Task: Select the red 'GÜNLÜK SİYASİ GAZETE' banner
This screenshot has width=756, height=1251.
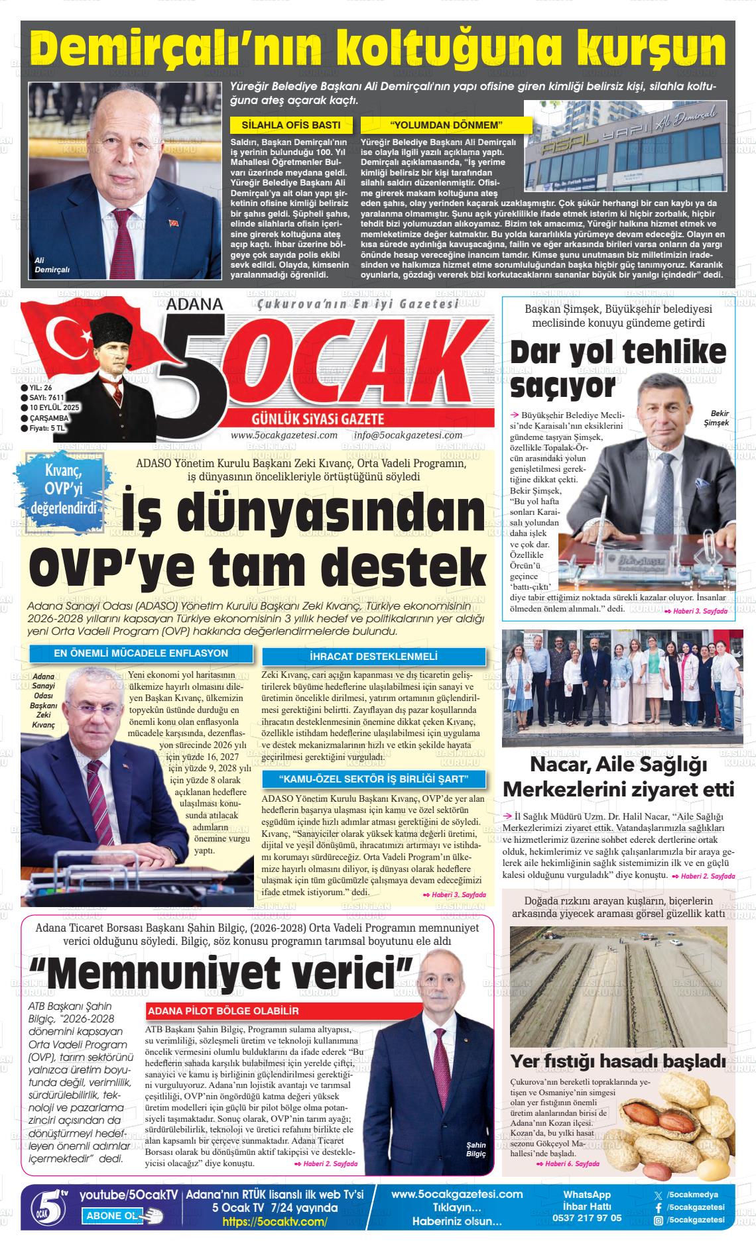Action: coord(318,419)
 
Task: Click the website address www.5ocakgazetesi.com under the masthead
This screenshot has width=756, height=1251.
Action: coord(284,435)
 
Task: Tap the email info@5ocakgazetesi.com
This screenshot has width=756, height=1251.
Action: coord(408,435)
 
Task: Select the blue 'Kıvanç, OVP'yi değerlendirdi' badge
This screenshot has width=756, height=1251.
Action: coord(63,490)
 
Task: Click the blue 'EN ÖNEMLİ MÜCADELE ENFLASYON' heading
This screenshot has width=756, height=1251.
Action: coord(141,653)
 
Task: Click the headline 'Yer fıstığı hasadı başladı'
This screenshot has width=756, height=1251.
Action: coord(617,1060)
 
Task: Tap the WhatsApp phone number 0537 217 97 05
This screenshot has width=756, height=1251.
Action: coord(586,1217)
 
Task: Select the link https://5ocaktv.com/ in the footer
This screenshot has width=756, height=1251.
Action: coord(275,1221)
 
